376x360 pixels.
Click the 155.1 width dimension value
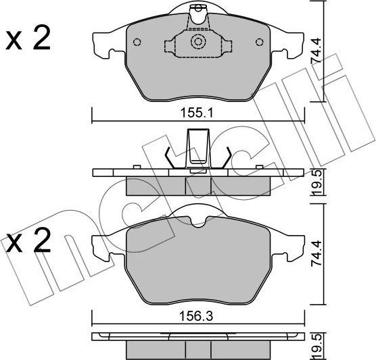point(197,113)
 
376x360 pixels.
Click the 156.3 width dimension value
point(197,316)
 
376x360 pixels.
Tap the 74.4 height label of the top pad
point(316,51)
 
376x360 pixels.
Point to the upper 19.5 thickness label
point(316,183)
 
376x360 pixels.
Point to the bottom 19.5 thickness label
point(316,346)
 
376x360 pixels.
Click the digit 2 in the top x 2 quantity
point(42,38)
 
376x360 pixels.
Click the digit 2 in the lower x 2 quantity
point(42,240)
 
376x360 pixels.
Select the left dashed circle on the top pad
point(137,43)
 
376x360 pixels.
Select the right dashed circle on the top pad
point(260,43)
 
